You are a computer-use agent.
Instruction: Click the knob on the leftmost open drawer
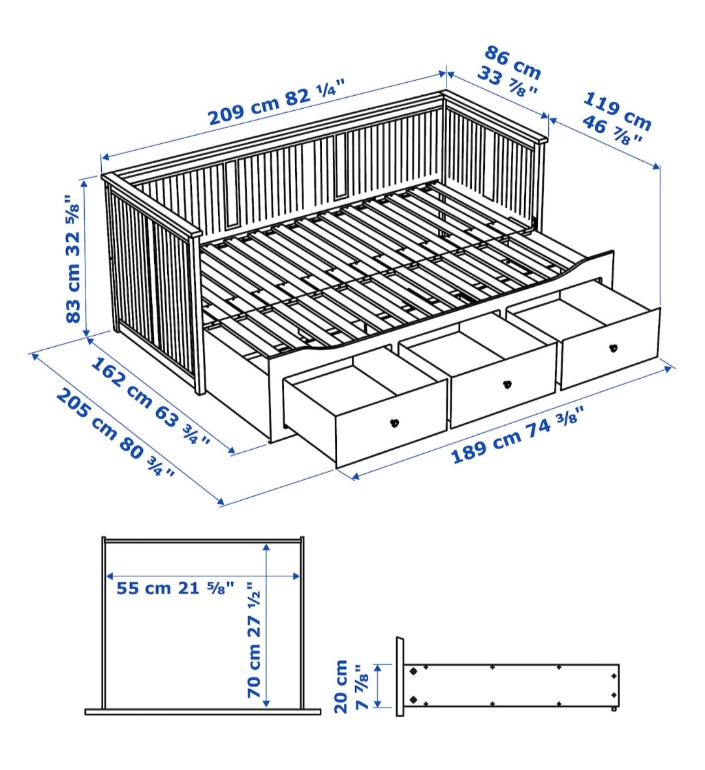(394, 422)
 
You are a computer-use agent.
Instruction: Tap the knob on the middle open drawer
(507, 384)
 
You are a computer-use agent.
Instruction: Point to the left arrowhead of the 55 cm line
(108, 576)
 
